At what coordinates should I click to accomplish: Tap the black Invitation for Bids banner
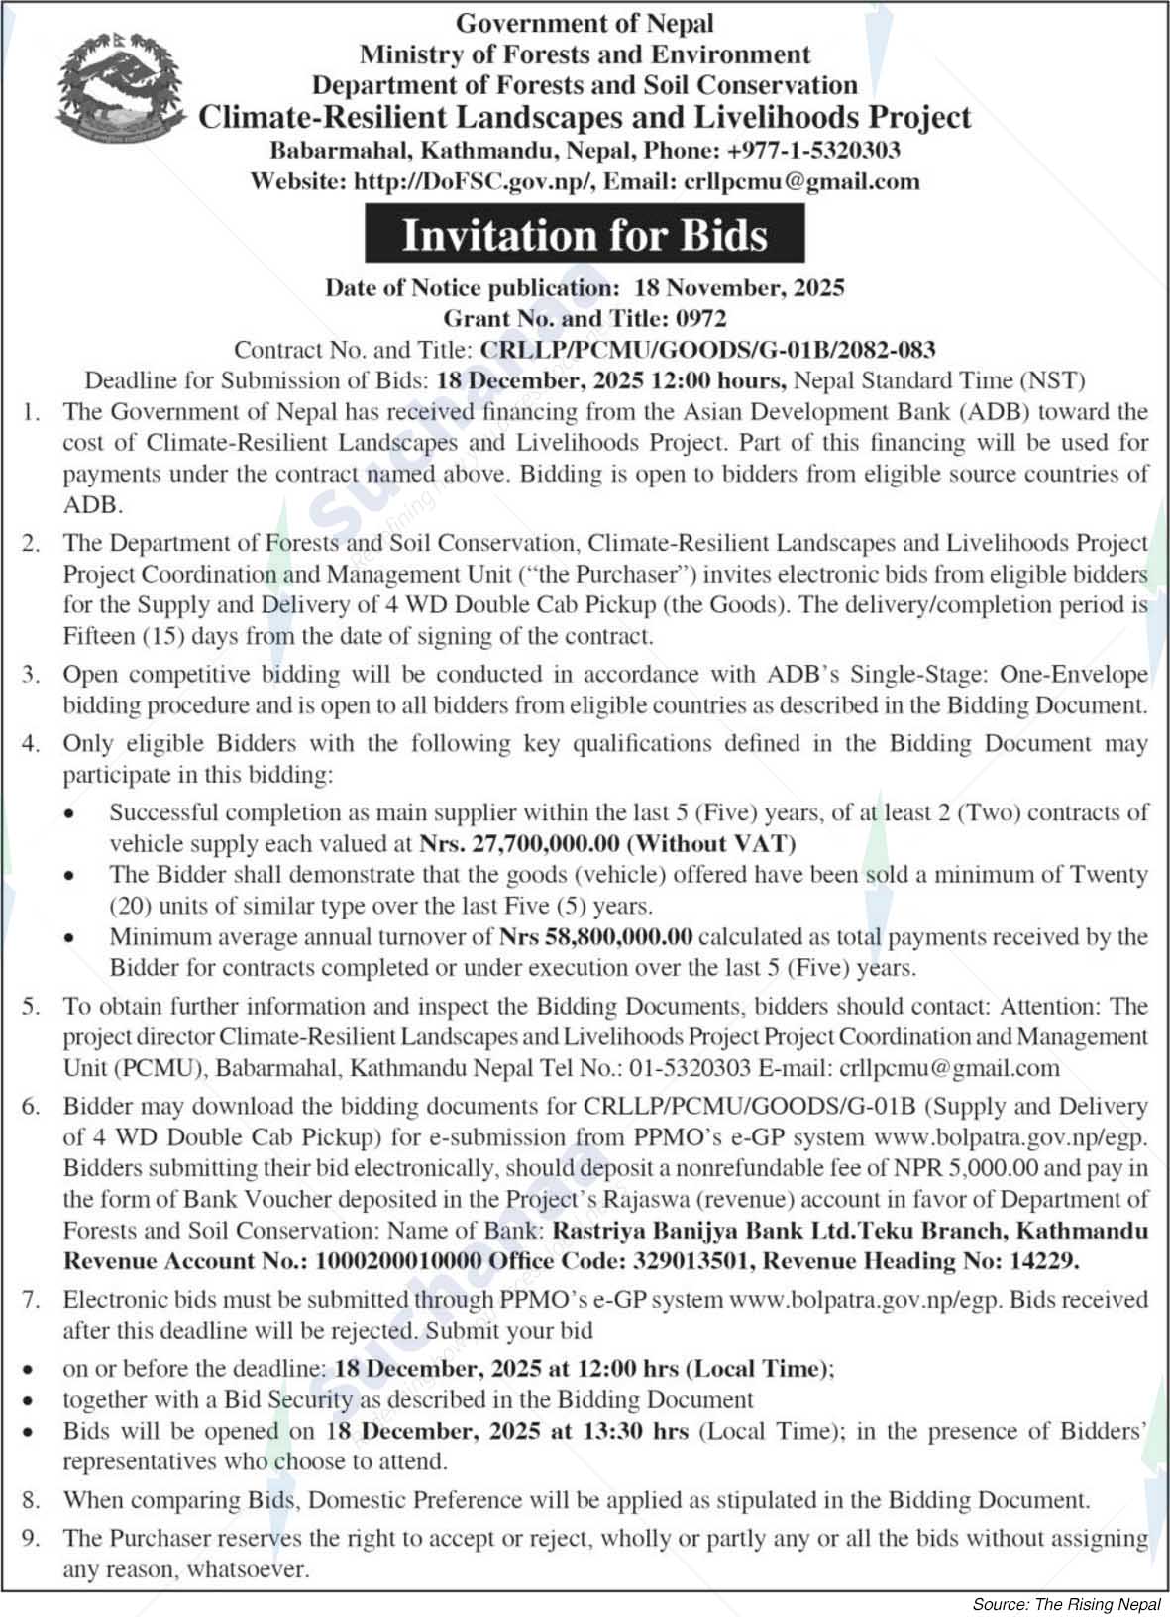585,236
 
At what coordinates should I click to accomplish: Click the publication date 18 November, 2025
739,288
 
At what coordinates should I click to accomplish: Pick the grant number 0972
700,318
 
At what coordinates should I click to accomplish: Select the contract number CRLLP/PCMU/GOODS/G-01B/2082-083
707,349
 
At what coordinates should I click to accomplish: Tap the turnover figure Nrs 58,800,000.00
595,936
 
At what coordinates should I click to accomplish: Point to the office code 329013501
687,1261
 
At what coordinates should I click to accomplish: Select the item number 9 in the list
31,1538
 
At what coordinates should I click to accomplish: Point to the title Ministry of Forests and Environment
585,54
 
